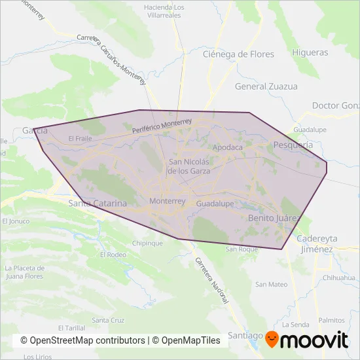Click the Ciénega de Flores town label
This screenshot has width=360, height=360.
238,54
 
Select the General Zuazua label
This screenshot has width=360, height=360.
266,86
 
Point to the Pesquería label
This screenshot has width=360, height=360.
293,145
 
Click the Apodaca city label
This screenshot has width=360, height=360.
228,147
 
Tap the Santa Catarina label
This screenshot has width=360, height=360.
98,204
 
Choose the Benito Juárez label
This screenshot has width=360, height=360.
274,217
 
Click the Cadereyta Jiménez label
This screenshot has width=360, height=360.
315,244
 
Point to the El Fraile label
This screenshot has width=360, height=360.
80,139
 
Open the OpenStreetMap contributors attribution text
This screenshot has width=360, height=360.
82,340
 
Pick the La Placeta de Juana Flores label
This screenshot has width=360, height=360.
24,271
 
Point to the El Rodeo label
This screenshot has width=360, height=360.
112,255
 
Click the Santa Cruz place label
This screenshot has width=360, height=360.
108,320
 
